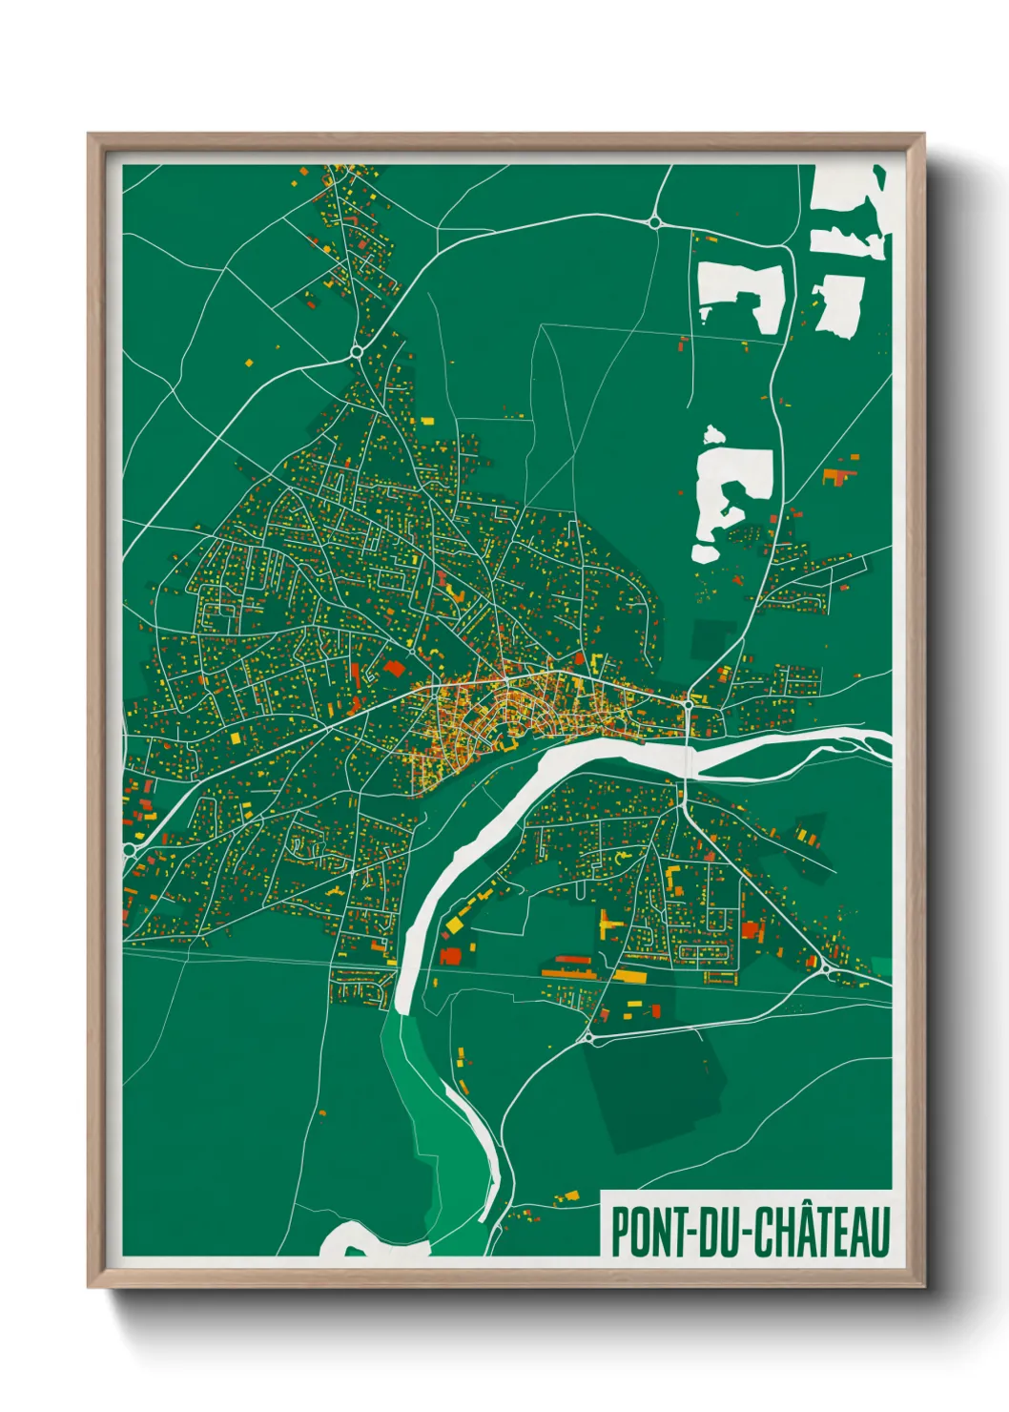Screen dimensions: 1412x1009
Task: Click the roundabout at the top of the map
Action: coord(654,222)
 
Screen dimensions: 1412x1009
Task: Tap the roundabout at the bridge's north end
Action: coord(688,704)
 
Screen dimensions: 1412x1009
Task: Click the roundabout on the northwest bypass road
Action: coord(356,351)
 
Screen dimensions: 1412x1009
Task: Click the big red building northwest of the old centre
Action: coord(394,668)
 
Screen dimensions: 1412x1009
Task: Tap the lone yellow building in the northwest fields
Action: coord(249,363)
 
